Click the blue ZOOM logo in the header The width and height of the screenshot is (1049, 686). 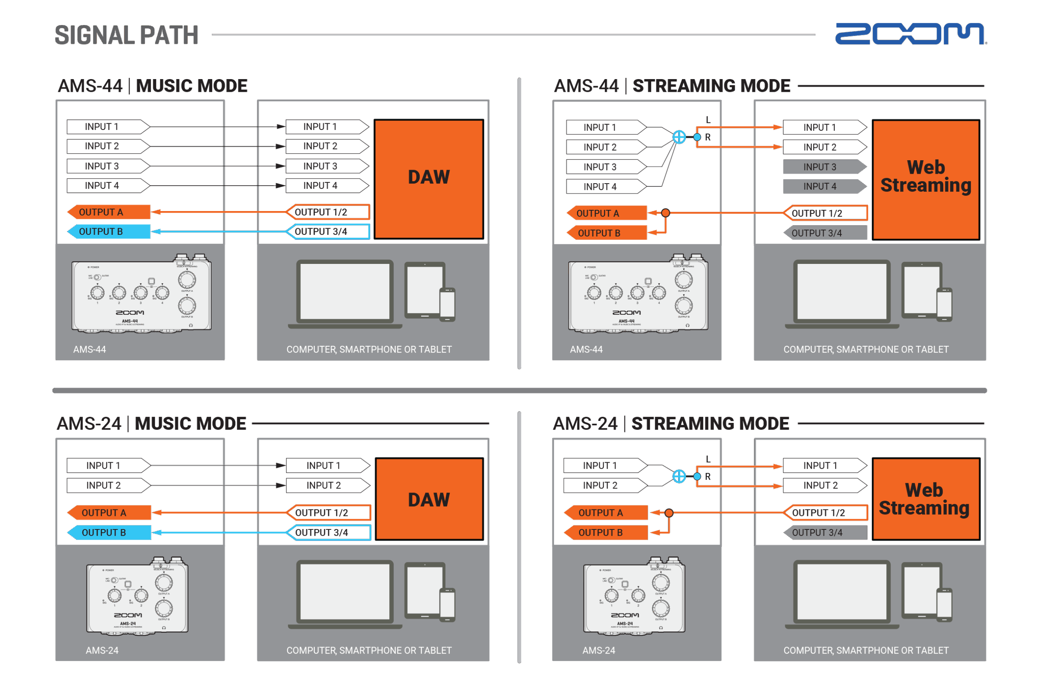pos(910,34)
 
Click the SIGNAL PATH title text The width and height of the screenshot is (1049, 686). pos(127,35)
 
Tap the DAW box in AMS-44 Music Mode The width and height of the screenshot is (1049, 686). pos(429,179)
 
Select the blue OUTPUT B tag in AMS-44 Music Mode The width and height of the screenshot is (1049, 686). pos(109,232)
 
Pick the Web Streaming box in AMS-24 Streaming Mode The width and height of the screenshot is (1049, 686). pos(926,499)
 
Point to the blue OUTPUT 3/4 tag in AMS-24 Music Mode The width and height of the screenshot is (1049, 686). pos(328,533)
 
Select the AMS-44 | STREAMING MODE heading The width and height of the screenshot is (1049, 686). pos(672,86)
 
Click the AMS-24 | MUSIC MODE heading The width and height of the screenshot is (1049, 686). pos(152,424)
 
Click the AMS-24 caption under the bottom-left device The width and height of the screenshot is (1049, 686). pos(102,650)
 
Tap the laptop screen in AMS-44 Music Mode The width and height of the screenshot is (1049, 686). pos(345,291)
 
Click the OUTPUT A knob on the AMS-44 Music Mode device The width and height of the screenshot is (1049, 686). pos(187,279)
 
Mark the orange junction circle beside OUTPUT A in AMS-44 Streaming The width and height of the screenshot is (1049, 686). pos(665,214)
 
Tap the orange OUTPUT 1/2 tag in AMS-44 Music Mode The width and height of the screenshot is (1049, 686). pos(327,212)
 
